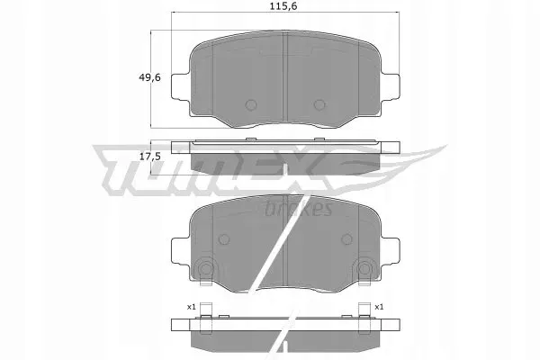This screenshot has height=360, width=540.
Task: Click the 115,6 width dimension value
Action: pos(283,6)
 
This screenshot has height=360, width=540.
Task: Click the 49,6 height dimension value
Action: pos(149,77)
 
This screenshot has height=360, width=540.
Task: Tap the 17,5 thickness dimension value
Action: pos(150,157)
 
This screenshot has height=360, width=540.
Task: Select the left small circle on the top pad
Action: pos(251,104)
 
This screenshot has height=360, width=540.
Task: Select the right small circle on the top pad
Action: pos(319,104)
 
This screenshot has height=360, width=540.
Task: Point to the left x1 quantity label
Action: pos(191,307)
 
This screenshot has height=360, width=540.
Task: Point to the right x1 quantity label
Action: pos(379,307)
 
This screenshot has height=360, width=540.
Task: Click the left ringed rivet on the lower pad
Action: pos(206,268)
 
